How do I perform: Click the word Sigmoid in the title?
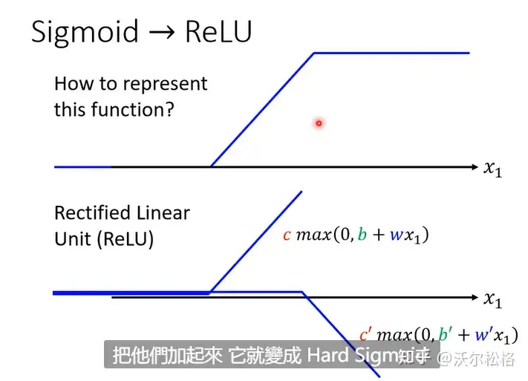[85, 32]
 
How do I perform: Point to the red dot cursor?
[319, 123]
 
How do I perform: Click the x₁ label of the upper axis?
[493, 169]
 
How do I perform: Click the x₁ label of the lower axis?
[493, 299]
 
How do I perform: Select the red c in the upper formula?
[287, 235]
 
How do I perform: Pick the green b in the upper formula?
[361, 235]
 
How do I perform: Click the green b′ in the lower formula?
[443, 336]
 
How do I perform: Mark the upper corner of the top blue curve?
[315, 53]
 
